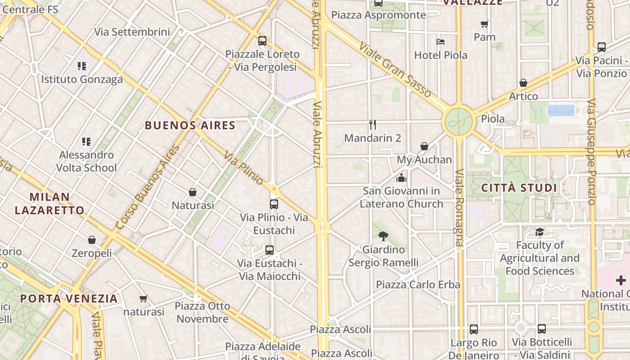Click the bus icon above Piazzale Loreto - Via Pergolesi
(x=262, y=41)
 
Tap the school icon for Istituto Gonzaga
(x=81, y=66)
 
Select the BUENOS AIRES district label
(x=190, y=126)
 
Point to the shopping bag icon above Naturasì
(x=193, y=192)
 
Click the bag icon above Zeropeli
(x=92, y=240)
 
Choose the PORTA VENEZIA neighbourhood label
(x=69, y=298)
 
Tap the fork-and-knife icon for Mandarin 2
(x=373, y=124)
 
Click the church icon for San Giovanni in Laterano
(x=401, y=178)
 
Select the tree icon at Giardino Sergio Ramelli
(x=383, y=236)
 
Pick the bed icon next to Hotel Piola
(x=441, y=42)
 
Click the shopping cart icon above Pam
(x=484, y=24)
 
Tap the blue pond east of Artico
(x=561, y=111)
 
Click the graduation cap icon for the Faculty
(x=540, y=232)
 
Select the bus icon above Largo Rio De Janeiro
(x=474, y=329)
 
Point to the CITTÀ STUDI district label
(x=519, y=188)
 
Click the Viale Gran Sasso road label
(x=395, y=71)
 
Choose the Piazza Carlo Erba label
(x=418, y=284)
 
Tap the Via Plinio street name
(x=243, y=168)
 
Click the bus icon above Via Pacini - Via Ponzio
(x=602, y=47)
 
